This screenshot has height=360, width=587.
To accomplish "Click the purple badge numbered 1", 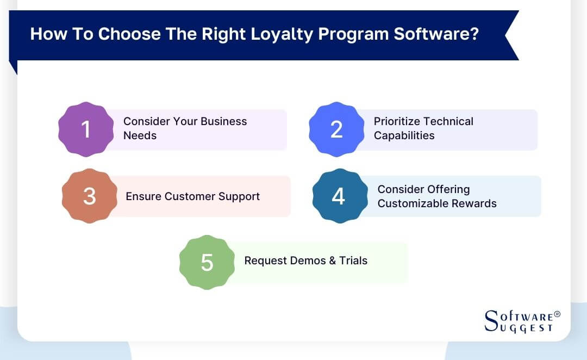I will (x=86, y=129).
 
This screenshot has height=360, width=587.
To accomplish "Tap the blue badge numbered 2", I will (x=336, y=129).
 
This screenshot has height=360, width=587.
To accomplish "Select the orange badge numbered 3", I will (x=90, y=196).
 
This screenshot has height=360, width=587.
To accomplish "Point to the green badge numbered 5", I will (x=207, y=262).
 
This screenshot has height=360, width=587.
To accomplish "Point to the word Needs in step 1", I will (x=140, y=135).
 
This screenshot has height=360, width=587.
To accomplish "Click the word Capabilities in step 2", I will (x=404, y=135).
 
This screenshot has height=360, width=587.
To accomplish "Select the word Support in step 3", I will (x=239, y=196).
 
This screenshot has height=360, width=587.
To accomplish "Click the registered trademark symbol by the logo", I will (x=557, y=314).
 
